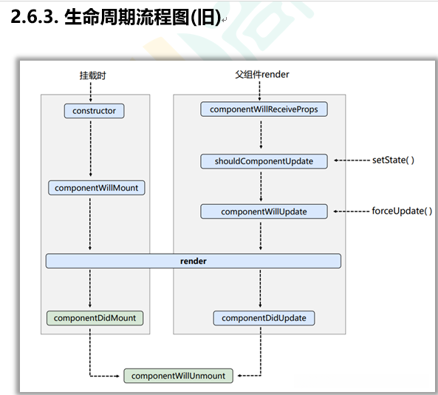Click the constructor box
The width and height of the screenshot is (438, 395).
[x=94, y=111]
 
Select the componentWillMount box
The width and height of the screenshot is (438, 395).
[x=96, y=188]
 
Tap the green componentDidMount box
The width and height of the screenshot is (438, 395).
[x=95, y=317]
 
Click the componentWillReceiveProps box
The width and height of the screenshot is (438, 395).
[x=264, y=109]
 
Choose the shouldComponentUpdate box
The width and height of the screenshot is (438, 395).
[x=264, y=161]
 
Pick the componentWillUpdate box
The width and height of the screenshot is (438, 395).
[x=264, y=212]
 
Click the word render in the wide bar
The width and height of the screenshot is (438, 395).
[x=194, y=261]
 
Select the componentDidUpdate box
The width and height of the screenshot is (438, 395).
[x=264, y=318]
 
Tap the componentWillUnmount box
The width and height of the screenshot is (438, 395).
[x=178, y=376]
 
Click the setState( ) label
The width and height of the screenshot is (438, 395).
[x=393, y=160]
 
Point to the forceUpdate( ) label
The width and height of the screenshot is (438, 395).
[x=402, y=211]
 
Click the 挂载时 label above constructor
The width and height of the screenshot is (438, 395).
[x=92, y=75]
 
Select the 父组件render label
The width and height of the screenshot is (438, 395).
[x=261, y=75]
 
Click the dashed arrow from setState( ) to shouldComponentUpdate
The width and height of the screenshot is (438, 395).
[x=351, y=161]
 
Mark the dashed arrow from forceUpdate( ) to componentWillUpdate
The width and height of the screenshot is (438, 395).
[x=351, y=212]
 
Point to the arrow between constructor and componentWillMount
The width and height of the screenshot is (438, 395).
[x=90, y=148]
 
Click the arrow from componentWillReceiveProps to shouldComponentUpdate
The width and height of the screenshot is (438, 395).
[x=261, y=135]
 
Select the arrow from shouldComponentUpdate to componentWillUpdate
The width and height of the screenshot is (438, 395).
[x=261, y=186]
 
